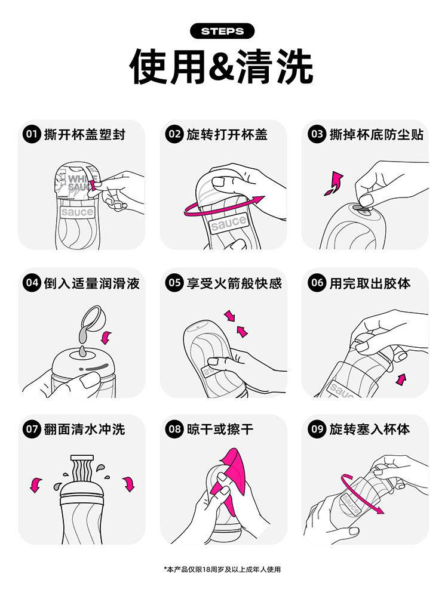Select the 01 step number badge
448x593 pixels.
coord(31,134)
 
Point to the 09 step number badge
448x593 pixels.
coord(317,429)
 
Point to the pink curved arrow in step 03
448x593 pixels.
coord(335,183)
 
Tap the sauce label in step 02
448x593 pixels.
coord(228,223)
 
